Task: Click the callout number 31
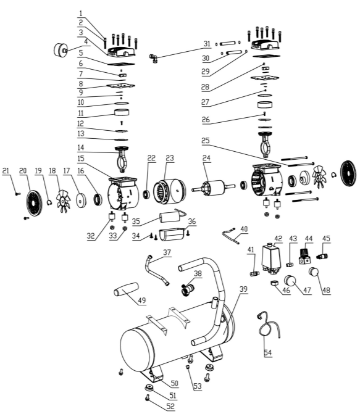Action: point(207,44)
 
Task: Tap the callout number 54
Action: point(268,352)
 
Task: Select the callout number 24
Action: point(206,158)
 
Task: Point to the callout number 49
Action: point(142,300)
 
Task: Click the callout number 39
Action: point(243,289)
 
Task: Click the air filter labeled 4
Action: point(61,50)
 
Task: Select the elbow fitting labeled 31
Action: point(153,58)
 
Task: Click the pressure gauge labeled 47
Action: point(290,281)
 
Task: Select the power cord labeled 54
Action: point(269,326)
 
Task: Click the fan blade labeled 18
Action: point(63,201)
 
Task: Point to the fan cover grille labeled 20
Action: point(34,202)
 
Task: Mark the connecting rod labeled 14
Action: point(122,160)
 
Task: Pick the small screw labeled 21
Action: point(17,194)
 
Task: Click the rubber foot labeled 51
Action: point(150,388)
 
